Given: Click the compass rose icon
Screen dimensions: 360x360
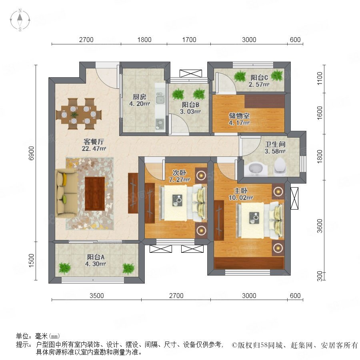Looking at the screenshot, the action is pos(20,20).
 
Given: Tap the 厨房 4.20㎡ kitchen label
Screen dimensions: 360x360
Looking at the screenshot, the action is pos(140,100).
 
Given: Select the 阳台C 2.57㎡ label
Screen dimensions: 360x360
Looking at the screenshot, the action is pos(259,81).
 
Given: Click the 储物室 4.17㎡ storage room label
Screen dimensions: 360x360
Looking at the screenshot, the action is pos(239,119).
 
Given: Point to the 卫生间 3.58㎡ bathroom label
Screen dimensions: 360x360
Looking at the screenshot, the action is pos(275,148).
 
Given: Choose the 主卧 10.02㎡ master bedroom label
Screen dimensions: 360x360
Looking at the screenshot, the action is pos(241,194).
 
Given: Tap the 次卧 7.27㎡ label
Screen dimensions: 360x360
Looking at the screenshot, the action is pos(179,176).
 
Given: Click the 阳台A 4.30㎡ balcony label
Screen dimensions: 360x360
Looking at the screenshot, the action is pos(96,260).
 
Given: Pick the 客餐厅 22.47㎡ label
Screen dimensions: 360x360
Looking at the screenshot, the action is pos(94,145).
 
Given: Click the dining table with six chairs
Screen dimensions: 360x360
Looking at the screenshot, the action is pos(79,114).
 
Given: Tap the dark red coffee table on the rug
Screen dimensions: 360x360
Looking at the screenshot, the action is pos(95,193).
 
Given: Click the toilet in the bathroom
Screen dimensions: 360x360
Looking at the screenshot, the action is pos(280,166).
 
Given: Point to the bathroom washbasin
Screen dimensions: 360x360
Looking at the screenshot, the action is pos(256,169).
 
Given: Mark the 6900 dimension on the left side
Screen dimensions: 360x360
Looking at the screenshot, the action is pos(31,153).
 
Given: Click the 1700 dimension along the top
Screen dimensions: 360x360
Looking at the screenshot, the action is pos(189,40).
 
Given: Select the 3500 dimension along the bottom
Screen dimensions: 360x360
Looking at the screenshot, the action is pos(97,296).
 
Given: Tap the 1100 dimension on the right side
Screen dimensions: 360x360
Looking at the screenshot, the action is pos(319,78).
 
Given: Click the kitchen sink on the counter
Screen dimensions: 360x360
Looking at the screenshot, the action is pos(160,98).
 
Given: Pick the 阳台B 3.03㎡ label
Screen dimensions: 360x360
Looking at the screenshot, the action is pos(190,108).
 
